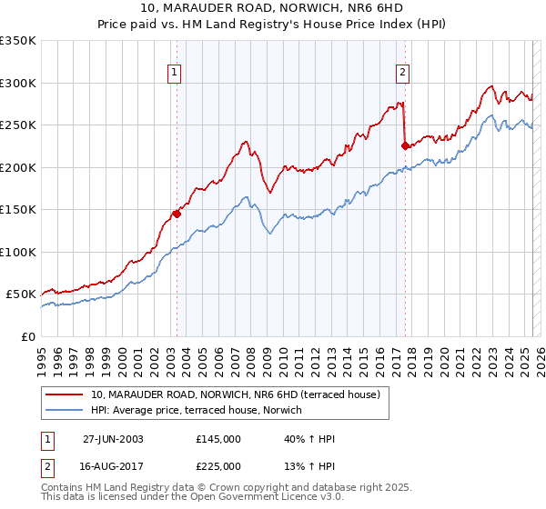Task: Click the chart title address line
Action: tap(273, 9)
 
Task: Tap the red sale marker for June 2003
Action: tap(177, 215)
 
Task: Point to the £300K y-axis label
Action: tap(18, 83)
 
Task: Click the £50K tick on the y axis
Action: tap(22, 294)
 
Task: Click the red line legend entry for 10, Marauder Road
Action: tap(240, 394)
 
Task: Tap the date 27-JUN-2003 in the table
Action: tap(113, 439)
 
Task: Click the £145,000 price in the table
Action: tap(217, 439)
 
